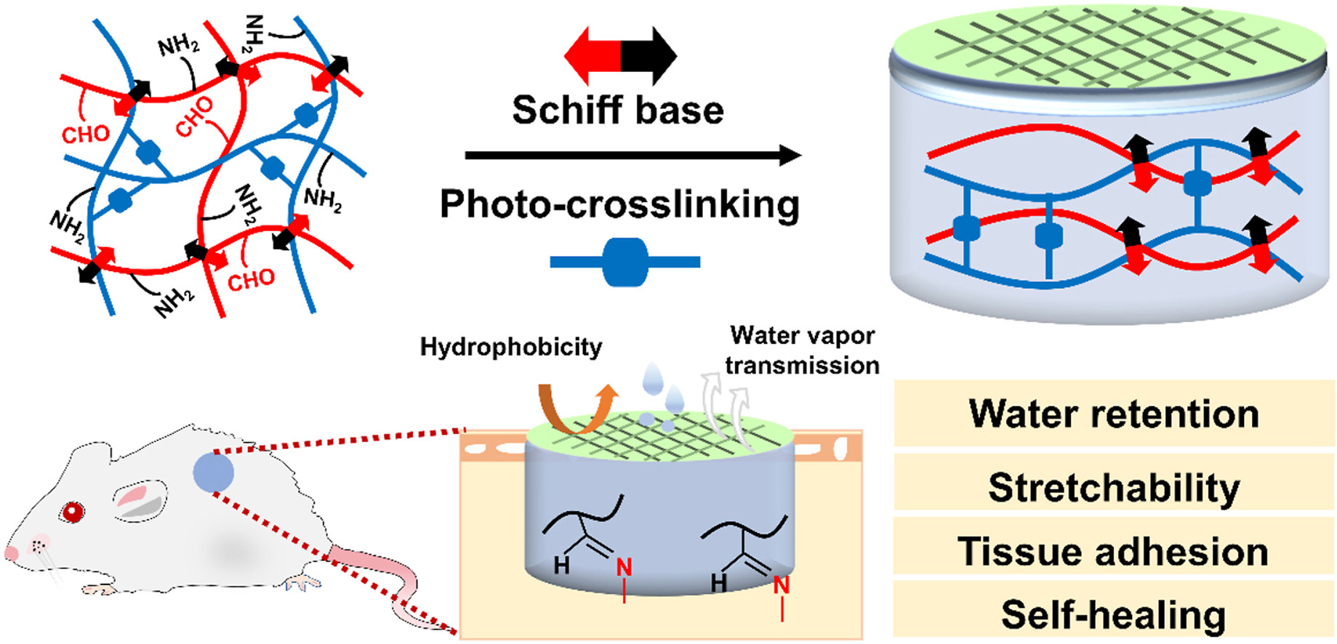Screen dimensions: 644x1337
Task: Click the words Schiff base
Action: tap(618, 110)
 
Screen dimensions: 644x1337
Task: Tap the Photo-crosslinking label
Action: tap(619, 204)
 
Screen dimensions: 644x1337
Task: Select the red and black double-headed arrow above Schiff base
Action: tap(620, 55)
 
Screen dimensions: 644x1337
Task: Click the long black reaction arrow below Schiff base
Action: tap(633, 155)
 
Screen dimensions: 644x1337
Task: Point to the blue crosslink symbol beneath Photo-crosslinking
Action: tap(625, 262)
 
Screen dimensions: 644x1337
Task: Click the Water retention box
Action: tap(1114, 413)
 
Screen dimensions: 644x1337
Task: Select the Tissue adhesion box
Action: tap(1114, 550)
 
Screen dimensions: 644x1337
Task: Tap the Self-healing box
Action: tap(1114, 614)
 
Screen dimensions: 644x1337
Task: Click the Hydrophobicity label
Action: tap(511, 347)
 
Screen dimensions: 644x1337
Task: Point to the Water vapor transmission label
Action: tap(803, 350)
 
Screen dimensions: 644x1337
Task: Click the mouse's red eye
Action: tap(72, 512)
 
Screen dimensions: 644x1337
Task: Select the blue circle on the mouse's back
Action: tap(213, 472)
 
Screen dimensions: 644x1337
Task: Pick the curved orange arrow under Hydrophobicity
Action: tap(574, 411)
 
